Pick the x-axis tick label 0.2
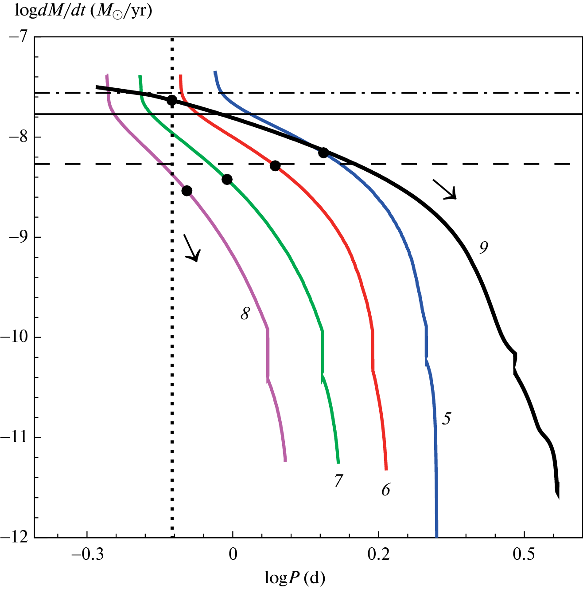pyautogui.click(x=379, y=555)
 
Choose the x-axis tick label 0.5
pyautogui.click(x=525, y=555)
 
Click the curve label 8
pyautogui.click(x=245, y=314)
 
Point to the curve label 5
pyautogui.click(x=447, y=418)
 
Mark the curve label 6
pyautogui.click(x=386, y=489)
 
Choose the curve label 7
pyautogui.click(x=339, y=480)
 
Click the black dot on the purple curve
pyautogui.click(x=187, y=191)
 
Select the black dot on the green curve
pyautogui.click(x=227, y=179)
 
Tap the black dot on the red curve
pyautogui.click(x=275, y=166)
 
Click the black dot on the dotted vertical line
pyautogui.click(x=172, y=100)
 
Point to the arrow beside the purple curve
pyautogui.click(x=192, y=247)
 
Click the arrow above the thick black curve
pyautogui.click(x=444, y=189)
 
